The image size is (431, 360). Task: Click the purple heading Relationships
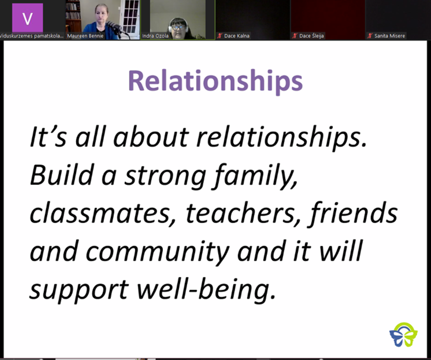pyautogui.click(x=216, y=80)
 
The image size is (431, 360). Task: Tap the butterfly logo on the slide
pyautogui.click(x=403, y=335)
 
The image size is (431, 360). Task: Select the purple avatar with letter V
pyautogui.click(x=28, y=18)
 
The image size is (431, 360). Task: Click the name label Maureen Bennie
pyautogui.click(x=85, y=36)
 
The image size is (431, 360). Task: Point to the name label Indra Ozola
pyautogui.click(x=155, y=36)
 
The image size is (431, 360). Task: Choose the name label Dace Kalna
pyautogui.click(x=237, y=36)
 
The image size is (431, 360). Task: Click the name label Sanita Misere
pyautogui.click(x=389, y=36)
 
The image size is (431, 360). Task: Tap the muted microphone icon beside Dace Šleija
pyautogui.click(x=295, y=36)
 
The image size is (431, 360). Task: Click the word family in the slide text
pyautogui.click(x=255, y=176)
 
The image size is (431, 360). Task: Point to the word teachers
pyautogui.click(x=243, y=214)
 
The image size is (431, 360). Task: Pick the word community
pyautogui.click(x=157, y=252)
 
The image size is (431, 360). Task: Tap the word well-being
pyautogui.click(x=206, y=290)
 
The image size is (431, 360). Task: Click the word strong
pyautogui.click(x=165, y=177)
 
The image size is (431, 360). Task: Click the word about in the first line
pyautogui.click(x=151, y=136)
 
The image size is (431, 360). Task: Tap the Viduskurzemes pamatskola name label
pyautogui.click(x=31, y=36)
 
